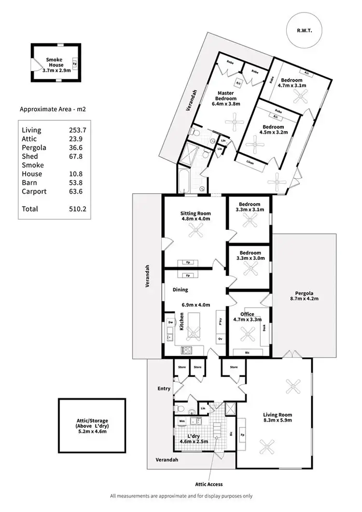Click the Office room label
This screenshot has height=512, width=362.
[247, 314]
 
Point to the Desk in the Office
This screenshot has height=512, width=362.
[264, 328]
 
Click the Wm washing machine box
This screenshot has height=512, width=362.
[181, 422]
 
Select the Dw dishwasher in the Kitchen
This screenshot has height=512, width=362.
[170, 322]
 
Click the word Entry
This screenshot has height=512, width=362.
[164, 388]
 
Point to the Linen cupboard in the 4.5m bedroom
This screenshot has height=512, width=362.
[250, 162]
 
